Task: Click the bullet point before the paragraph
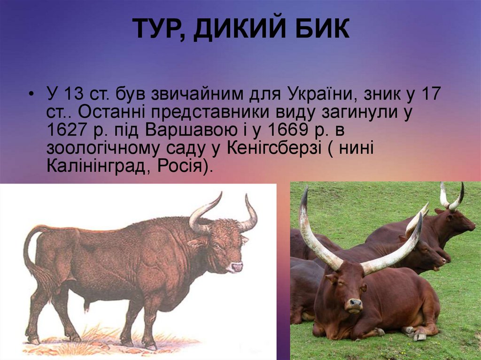pyautogui.click(x=31, y=94)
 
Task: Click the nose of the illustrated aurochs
pyautogui.click(x=236, y=267)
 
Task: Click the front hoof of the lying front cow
pyautogui.click(x=419, y=335)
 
